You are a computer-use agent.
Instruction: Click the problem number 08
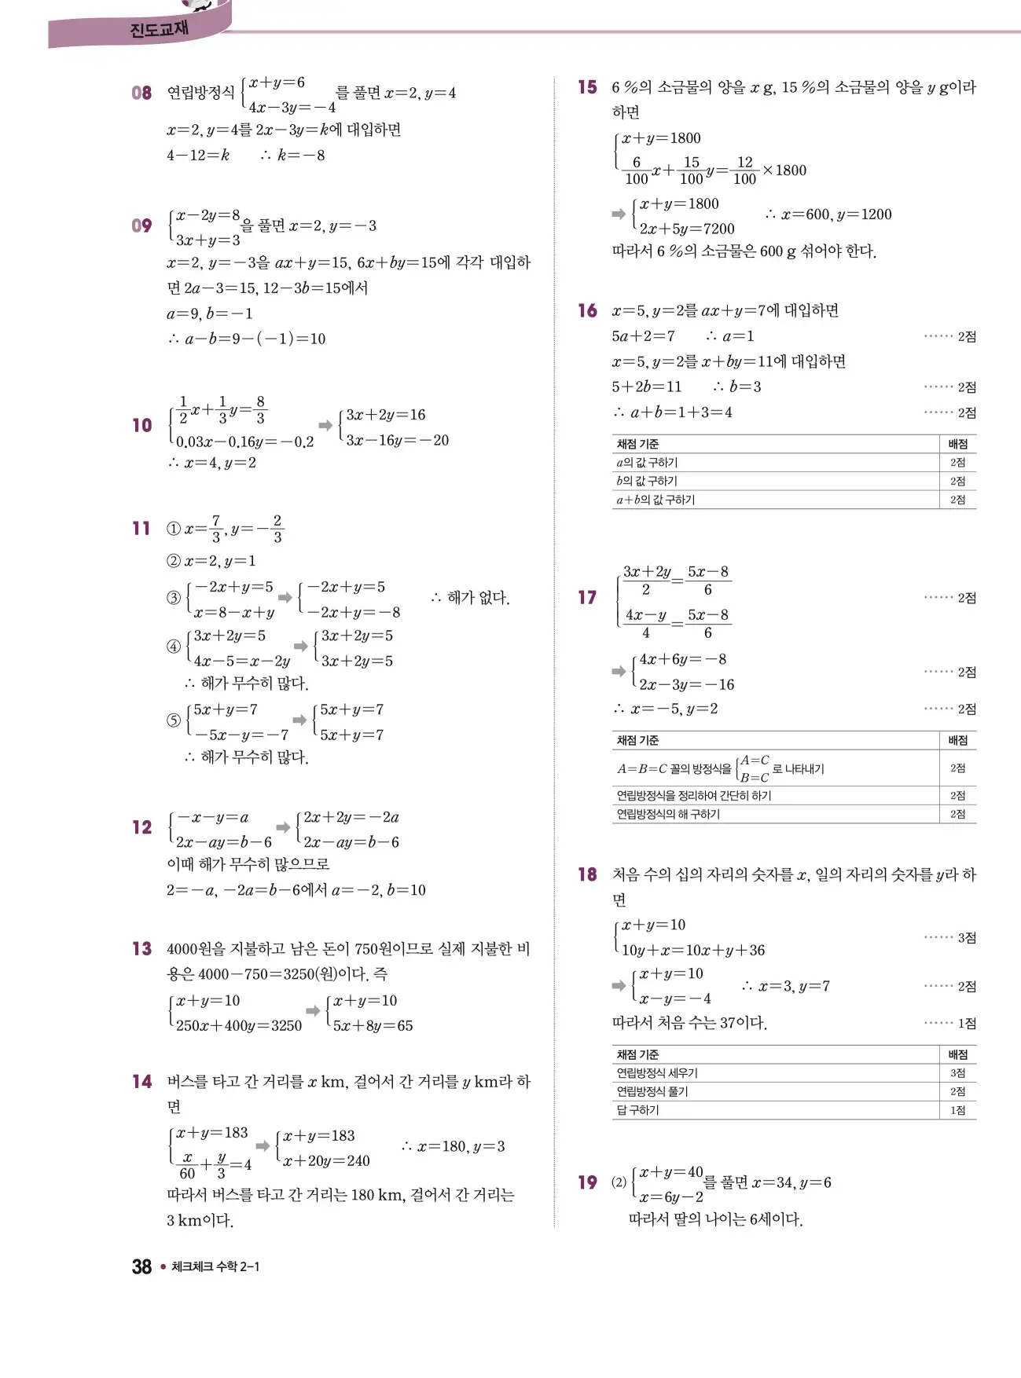[x=141, y=93]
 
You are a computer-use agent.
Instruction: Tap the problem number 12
[x=141, y=827]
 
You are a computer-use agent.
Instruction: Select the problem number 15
[x=587, y=87]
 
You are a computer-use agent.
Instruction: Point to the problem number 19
[x=587, y=1182]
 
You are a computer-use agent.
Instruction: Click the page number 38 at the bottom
[x=141, y=1266]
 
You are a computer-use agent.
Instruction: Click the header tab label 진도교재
[x=159, y=30]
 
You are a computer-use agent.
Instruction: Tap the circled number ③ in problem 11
[x=174, y=598]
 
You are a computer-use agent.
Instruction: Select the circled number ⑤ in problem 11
[x=174, y=720]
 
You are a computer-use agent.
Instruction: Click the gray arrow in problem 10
[x=325, y=425]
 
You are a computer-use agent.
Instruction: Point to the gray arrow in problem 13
[x=313, y=1011]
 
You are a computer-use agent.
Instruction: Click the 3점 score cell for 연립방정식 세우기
[x=957, y=1073]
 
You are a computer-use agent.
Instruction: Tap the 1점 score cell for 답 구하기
[x=957, y=1110]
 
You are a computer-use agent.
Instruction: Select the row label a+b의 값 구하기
[x=656, y=500]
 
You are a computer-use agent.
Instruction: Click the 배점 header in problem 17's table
[x=957, y=740]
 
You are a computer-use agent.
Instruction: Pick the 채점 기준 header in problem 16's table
[x=637, y=444]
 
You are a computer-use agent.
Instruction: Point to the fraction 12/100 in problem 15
[x=744, y=170]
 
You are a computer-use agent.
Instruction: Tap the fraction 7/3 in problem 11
[x=216, y=529]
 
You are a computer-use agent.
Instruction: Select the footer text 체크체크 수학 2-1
[x=215, y=1266]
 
